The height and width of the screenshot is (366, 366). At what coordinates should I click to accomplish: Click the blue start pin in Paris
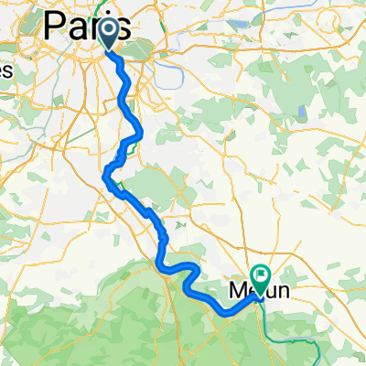tap(109, 34)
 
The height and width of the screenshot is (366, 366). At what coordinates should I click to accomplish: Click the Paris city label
tap(88, 24)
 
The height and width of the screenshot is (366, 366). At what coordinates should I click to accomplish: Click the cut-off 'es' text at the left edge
tap(5, 70)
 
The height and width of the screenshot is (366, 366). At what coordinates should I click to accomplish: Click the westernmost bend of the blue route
tap(106, 171)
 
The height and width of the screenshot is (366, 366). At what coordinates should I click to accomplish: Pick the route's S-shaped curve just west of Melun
tap(189, 274)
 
